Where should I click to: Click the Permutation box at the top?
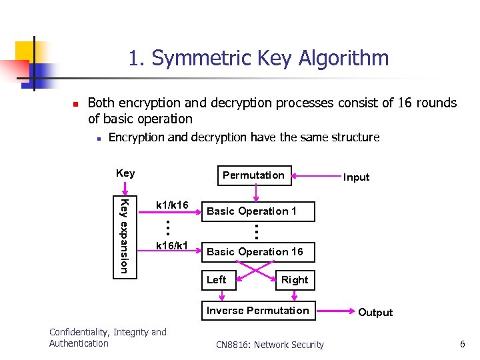click(x=253, y=175)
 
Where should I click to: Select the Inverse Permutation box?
click(x=258, y=311)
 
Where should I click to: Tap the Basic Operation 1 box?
click(x=252, y=211)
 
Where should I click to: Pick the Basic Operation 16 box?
click(x=255, y=252)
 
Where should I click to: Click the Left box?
click(x=217, y=280)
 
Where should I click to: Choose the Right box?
click(x=294, y=280)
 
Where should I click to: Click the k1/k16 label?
click(x=172, y=205)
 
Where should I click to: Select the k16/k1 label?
click(x=172, y=246)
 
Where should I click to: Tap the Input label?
click(x=356, y=177)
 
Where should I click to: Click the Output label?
click(x=375, y=313)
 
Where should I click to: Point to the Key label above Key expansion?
click(x=125, y=173)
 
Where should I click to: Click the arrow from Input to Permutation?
click(x=316, y=176)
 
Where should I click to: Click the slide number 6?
click(x=461, y=344)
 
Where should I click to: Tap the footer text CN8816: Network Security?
click(x=270, y=345)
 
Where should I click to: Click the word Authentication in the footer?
click(x=79, y=343)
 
